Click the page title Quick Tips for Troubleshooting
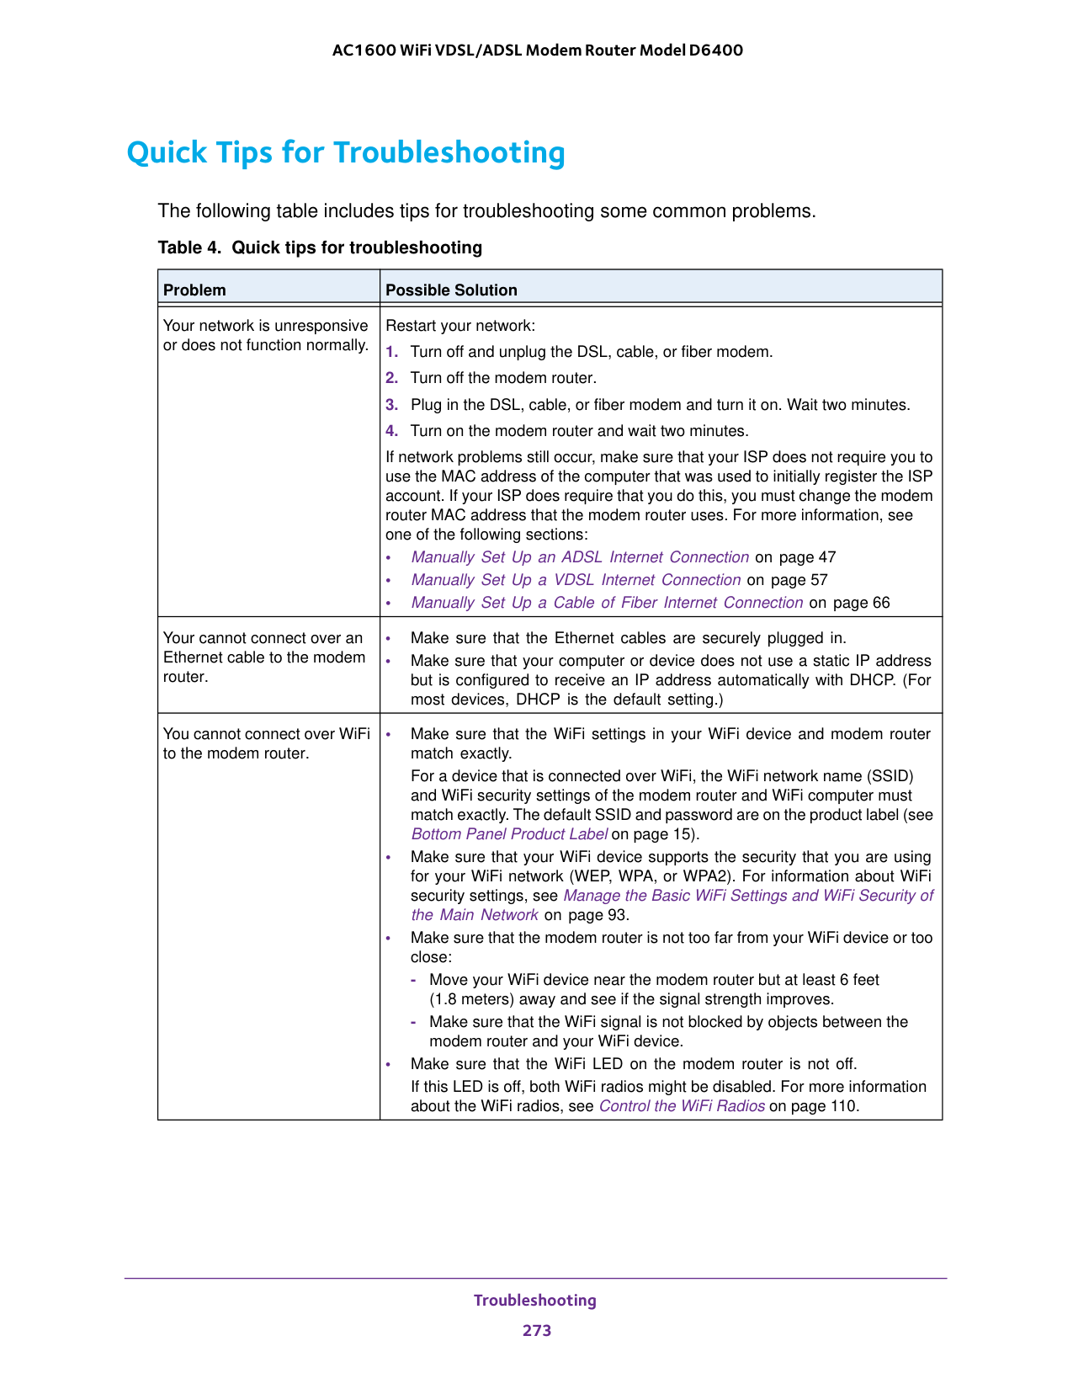346,153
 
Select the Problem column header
194,290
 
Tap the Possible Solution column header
451,290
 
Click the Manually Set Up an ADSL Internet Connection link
580,557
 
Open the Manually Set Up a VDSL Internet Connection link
576,580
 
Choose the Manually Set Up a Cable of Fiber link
607,603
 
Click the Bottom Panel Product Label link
509,834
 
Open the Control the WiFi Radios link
682,1106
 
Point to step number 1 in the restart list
391,352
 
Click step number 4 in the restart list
391,431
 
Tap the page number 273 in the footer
536,1331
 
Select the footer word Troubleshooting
535,1301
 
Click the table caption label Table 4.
190,247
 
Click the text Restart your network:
460,326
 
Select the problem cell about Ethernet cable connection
264,657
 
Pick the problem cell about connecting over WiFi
266,743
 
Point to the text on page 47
795,557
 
